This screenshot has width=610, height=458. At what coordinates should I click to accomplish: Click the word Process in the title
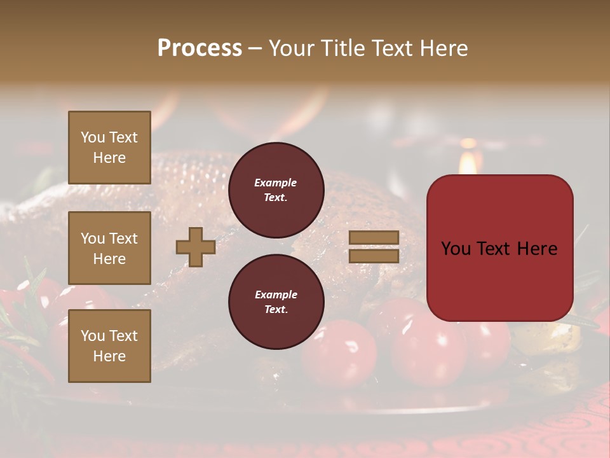(x=200, y=48)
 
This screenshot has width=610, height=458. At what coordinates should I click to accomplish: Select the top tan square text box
(x=109, y=148)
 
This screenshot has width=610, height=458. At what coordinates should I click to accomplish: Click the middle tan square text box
(x=109, y=248)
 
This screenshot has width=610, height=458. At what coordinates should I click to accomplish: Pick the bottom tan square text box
(x=109, y=346)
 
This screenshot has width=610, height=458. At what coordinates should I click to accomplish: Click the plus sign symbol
(x=196, y=247)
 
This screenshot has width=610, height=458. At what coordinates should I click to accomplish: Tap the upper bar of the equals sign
(x=374, y=237)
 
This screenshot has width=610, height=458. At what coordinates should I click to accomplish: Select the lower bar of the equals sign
(x=374, y=256)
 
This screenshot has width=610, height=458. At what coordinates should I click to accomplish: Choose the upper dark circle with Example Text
(x=276, y=190)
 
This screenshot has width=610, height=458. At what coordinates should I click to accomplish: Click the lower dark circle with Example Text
(x=276, y=302)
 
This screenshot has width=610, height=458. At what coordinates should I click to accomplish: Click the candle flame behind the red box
(x=468, y=162)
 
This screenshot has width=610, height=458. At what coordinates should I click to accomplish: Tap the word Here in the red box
(x=538, y=249)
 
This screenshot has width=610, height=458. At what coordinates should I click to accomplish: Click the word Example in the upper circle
(x=276, y=183)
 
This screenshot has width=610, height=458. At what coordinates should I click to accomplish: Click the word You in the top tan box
(x=93, y=137)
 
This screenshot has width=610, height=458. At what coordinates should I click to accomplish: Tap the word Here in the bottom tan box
(x=109, y=356)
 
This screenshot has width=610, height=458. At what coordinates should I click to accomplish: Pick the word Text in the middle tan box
(x=123, y=239)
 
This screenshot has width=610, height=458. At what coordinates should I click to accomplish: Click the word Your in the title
(x=289, y=48)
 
